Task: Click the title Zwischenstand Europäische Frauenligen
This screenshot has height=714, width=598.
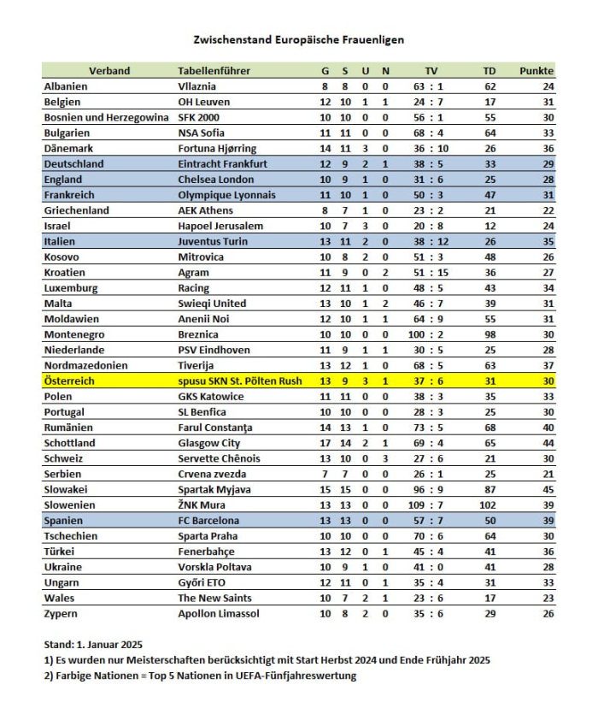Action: coord(298,39)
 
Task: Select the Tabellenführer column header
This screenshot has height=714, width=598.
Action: coord(214,71)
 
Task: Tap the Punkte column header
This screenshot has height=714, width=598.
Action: coord(536,71)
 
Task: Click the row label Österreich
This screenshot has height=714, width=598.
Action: coord(71,381)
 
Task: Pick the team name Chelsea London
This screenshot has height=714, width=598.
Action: coord(214,180)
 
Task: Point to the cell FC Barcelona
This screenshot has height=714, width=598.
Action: coord(208,521)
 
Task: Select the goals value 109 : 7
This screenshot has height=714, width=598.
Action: coord(430,505)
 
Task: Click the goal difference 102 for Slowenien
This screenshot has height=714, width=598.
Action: coord(490,505)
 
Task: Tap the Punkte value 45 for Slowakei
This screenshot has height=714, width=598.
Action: coord(548,490)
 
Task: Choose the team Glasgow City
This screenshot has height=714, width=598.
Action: coord(208,444)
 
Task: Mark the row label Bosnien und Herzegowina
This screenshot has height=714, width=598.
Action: coord(106,117)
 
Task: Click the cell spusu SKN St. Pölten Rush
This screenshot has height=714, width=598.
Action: coord(239,381)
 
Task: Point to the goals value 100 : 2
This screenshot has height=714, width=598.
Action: coord(430,335)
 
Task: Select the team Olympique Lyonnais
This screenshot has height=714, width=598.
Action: coord(226,195)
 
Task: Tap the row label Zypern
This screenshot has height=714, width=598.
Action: coord(62,614)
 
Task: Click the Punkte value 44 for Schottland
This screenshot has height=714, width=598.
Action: coord(548,444)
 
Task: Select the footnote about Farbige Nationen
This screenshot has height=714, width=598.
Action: coord(199,676)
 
